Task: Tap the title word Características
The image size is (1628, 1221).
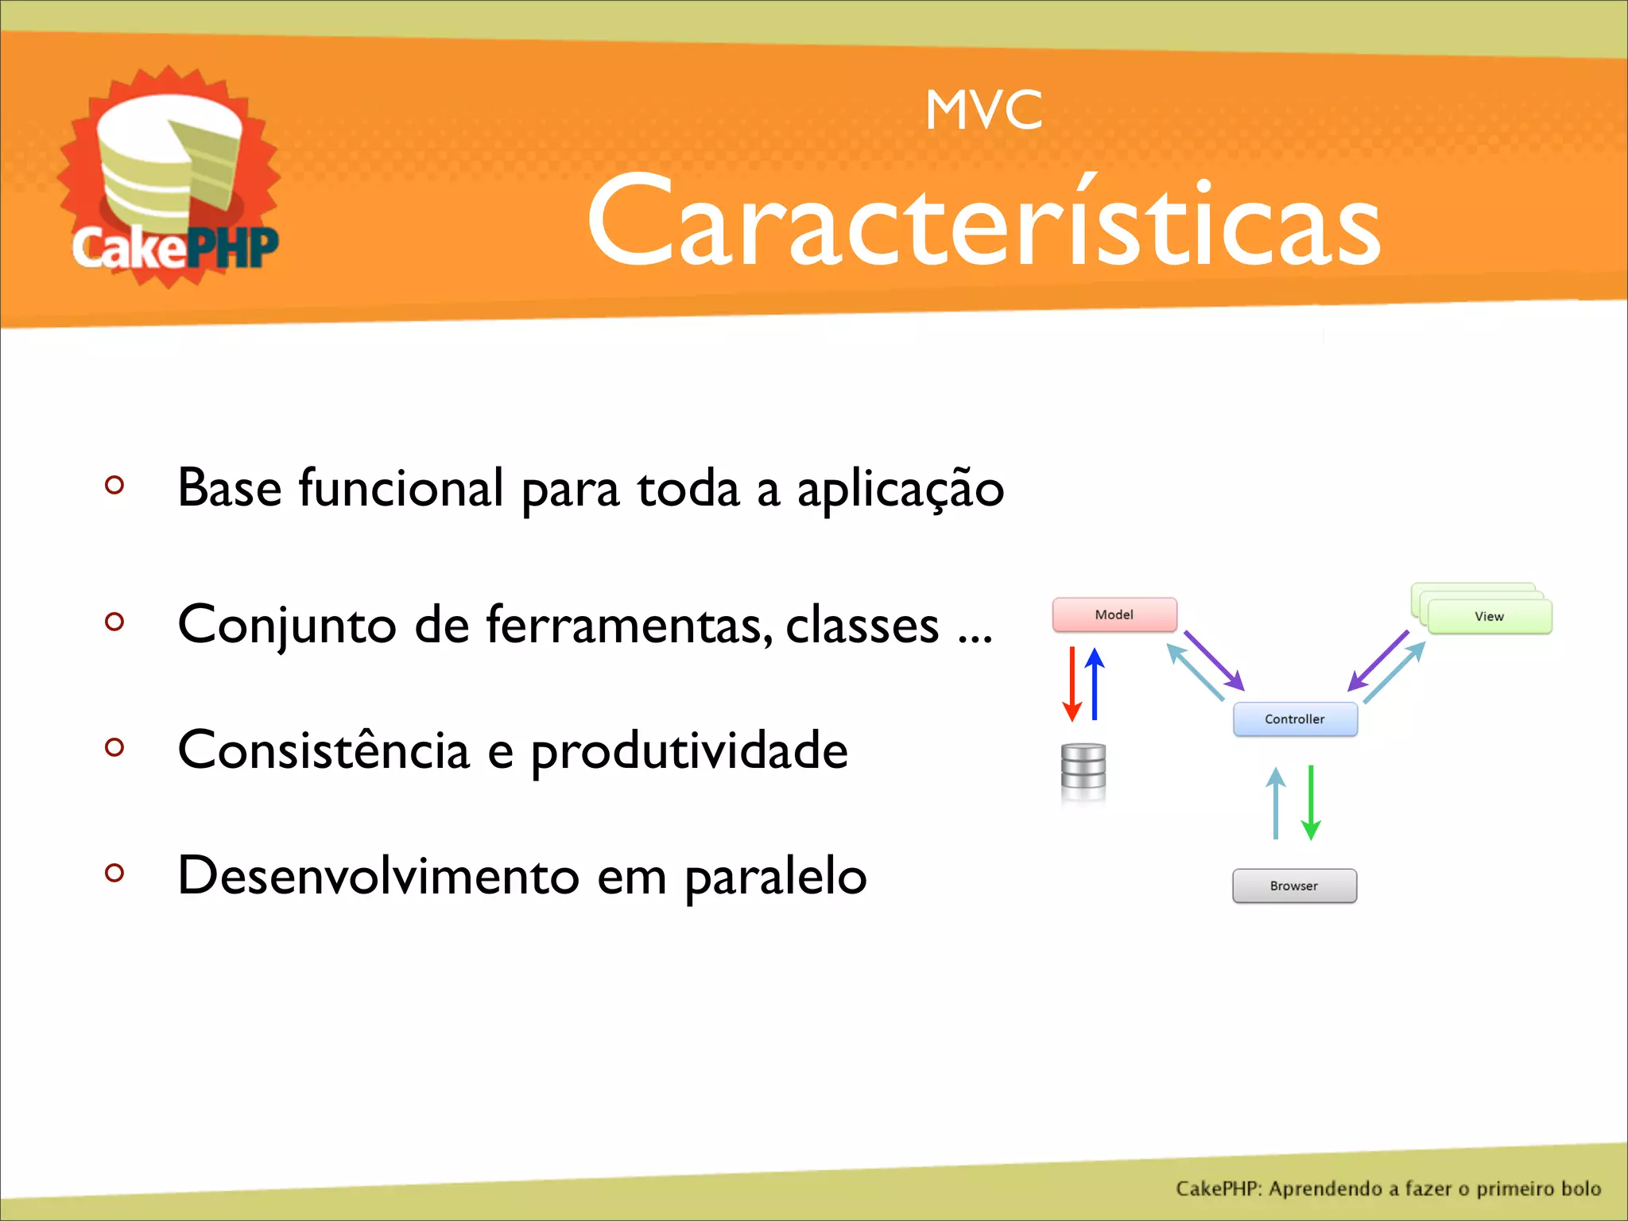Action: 983,223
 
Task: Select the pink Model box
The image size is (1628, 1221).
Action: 1114,614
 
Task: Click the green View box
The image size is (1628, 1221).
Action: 1489,616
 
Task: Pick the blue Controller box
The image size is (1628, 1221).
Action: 1294,719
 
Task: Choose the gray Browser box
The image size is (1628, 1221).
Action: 1294,886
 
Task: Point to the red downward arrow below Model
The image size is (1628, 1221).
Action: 1072,684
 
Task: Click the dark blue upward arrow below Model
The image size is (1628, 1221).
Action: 1095,684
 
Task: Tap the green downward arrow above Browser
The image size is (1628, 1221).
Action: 1311,803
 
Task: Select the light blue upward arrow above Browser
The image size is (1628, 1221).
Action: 1276,803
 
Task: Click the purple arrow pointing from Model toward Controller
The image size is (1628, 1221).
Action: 1214,661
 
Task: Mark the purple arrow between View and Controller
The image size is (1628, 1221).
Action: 1378,661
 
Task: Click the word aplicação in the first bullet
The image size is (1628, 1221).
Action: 901,489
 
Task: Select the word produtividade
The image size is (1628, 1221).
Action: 689,751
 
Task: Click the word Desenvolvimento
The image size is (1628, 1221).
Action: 378,876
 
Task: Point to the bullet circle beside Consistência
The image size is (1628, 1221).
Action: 114,747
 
